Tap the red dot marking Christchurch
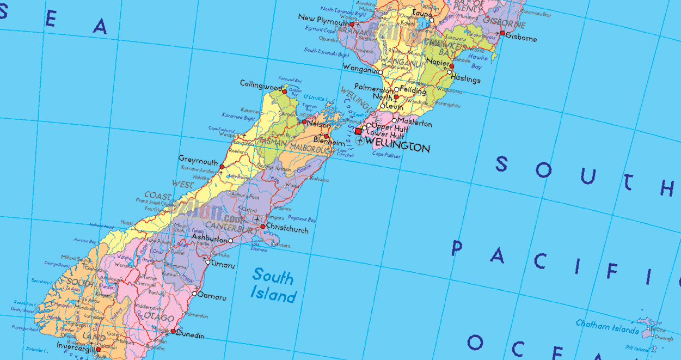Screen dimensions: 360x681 pos(262,227)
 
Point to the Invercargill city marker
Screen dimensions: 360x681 pos(99,350)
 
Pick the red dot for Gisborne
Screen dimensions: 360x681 pos(502,33)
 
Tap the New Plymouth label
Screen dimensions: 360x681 pos(323,19)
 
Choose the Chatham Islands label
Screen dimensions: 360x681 pos(608,327)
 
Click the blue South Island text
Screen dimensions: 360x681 pos(273,285)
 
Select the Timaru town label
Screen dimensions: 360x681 pos(223,265)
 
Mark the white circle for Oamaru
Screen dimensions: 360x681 pos(194,294)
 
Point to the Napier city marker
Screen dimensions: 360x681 pos(451,66)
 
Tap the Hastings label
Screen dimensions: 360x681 pos(466,80)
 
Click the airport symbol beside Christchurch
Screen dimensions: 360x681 pos(256,219)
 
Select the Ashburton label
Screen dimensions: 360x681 pos(210,239)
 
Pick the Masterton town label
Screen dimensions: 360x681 pos(415,124)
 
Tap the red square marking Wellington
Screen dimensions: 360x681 pos(358,131)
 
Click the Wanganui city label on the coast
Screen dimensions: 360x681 pos(360,68)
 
